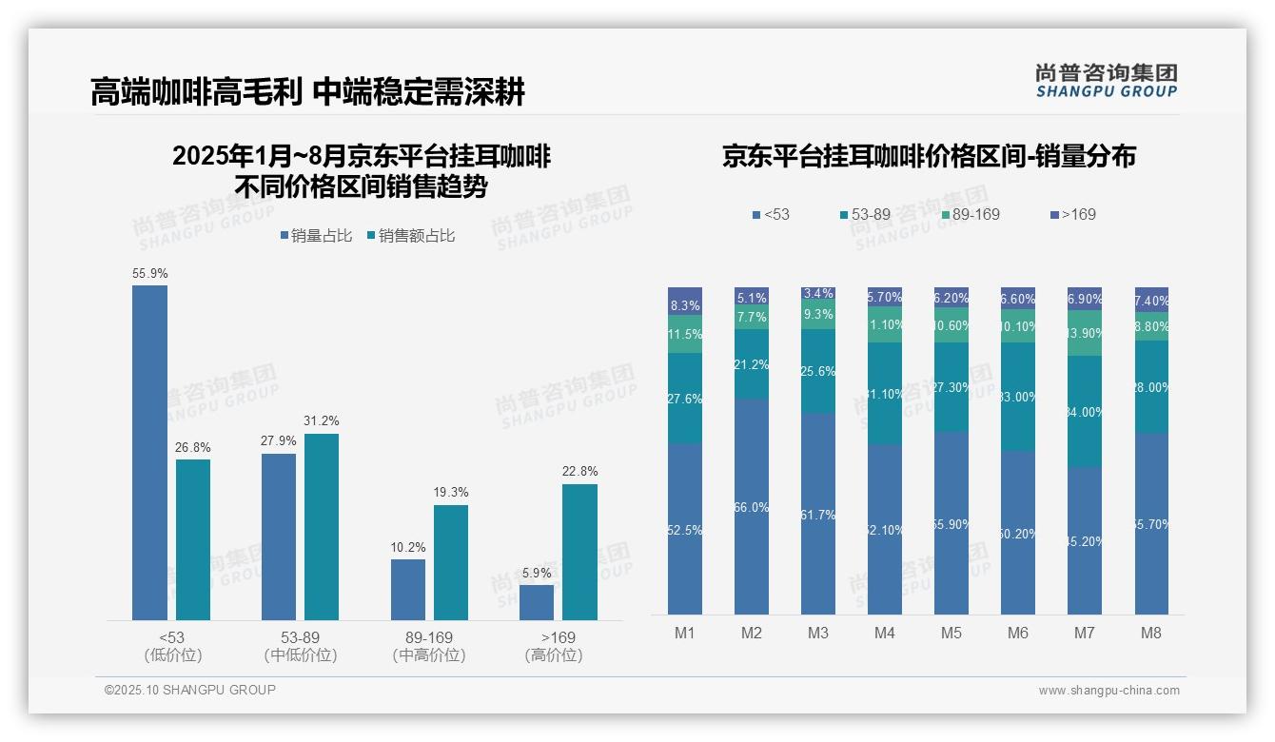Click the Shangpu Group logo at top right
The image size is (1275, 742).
(x=1106, y=80)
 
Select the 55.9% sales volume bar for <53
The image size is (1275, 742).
(x=149, y=453)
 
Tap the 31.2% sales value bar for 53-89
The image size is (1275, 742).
(x=322, y=527)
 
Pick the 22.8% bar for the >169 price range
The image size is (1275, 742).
(x=579, y=552)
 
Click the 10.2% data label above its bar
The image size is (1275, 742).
(x=408, y=547)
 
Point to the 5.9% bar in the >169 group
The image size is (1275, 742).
(x=537, y=602)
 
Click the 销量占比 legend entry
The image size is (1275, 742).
(x=316, y=236)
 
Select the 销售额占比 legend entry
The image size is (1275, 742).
(x=410, y=236)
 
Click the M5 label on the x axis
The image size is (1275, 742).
(x=951, y=633)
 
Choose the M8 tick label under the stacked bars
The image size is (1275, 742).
(x=1151, y=633)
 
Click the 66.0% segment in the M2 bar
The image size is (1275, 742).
(x=752, y=506)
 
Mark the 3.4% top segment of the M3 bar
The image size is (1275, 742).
(x=818, y=295)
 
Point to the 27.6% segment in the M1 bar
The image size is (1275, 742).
(x=685, y=399)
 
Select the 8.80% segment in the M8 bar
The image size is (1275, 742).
(x=1151, y=326)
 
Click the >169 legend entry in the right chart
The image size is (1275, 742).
(x=1072, y=214)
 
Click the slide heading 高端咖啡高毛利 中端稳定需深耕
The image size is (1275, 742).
(x=307, y=92)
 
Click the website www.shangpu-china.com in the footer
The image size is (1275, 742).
(x=1108, y=691)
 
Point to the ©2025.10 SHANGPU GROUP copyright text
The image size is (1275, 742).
(x=190, y=690)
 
